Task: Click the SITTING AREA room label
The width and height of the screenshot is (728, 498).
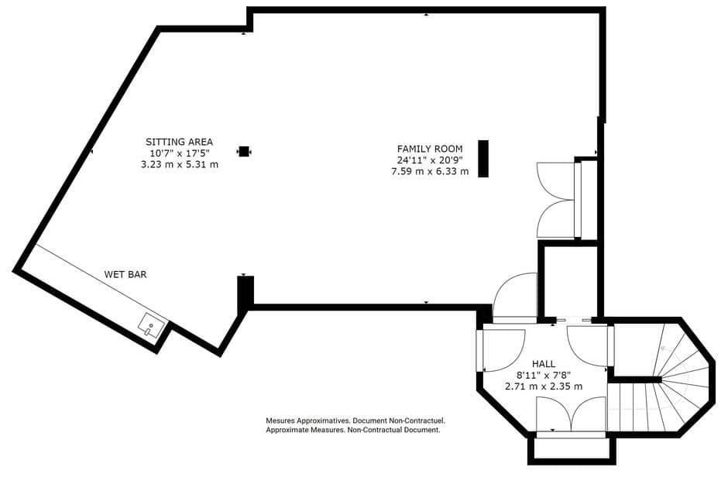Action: pos(179,142)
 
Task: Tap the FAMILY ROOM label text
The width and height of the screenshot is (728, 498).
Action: pos(430,149)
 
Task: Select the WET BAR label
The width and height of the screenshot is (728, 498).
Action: pos(125,274)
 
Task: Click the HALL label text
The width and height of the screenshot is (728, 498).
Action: pos(543,363)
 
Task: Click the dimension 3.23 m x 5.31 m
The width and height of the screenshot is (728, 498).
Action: pos(179,164)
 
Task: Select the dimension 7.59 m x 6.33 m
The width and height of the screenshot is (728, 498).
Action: pos(430,171)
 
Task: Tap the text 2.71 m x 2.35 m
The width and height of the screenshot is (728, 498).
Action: pos(543,386)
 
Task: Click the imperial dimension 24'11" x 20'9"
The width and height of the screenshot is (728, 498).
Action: pos(430,160)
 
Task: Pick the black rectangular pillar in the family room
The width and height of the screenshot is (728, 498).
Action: pos(483,159)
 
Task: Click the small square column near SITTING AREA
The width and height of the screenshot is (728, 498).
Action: pos(244,152)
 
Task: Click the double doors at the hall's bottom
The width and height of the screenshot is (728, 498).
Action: pos(571,415)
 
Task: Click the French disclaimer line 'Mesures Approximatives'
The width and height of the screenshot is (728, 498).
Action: pos(355,421)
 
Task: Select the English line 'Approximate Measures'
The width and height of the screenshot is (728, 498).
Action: pos(352,429)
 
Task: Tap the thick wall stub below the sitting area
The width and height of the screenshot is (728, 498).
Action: pos(245,294)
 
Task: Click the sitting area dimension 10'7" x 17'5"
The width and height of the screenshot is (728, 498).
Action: pos(179,153)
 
